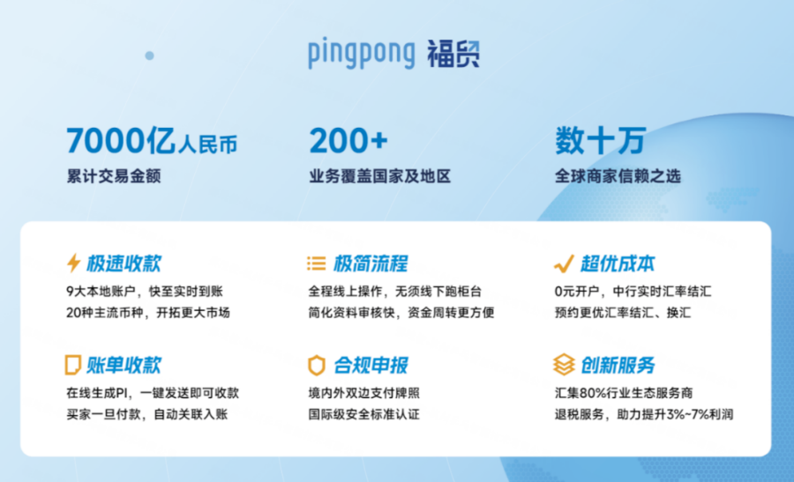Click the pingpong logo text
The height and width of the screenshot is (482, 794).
(x=361, y=54)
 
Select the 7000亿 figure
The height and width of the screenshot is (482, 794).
(x=122, y=141)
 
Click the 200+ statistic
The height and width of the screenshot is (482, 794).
(x=348, y=141)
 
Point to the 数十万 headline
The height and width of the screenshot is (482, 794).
(x=600, y=141)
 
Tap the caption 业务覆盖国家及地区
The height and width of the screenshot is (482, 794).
(x=379, y=176)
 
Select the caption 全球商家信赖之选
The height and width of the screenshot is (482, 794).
(x=618, y=176)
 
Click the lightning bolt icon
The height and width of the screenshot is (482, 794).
(x=73, y=263)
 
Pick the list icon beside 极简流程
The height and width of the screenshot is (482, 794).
(x=316, y=263)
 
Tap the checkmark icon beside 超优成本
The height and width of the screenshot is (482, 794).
(x=563, y=263)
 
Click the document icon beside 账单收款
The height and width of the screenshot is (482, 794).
(x=73, y=365)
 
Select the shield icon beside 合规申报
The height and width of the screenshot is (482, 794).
(x=316, y=365)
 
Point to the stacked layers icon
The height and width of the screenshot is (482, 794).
(x=563, y=365)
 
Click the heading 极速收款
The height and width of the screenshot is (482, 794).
(x=124, y=263)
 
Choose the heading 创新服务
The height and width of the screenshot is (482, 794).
(x=618, y=365)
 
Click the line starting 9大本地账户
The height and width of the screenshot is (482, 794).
(x=146, y=291)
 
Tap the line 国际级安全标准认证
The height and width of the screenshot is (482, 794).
(x=363, y=414)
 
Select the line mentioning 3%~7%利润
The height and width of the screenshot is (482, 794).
(x=644, y=414)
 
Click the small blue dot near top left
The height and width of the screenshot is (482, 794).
(x=149, y=56)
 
